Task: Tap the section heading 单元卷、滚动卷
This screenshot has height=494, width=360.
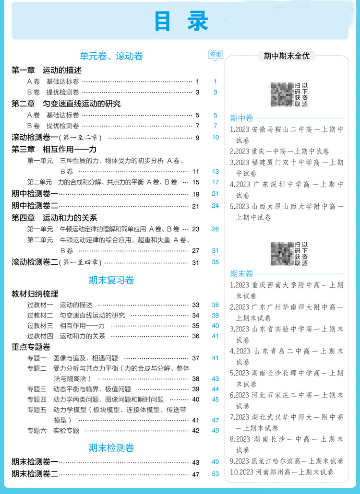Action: [111, 56]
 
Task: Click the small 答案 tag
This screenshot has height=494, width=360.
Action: [216, 55]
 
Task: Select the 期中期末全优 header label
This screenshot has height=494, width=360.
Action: [287, 56]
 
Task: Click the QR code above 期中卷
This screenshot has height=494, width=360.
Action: [282, 94]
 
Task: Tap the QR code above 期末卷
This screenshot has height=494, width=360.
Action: [282, 253]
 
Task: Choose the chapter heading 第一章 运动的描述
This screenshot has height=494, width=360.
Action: [47, 70]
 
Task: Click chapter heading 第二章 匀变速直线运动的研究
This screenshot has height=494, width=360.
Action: [66, 104]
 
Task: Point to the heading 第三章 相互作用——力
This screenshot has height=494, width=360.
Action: [54, 149]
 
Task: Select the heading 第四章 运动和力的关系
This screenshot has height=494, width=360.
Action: [54, 217]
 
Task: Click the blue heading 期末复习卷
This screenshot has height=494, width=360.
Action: [111, 280]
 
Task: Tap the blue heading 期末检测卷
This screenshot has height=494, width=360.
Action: [111, 448]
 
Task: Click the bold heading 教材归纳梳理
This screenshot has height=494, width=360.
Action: [35, 294]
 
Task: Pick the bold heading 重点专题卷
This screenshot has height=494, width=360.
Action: [31, 347]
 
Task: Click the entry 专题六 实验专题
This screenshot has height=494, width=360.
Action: [53, 430]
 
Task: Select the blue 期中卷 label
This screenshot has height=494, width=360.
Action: [241, 118]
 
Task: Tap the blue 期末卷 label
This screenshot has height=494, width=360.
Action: [241, 274]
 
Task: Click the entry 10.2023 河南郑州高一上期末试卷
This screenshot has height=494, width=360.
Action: [282, 472]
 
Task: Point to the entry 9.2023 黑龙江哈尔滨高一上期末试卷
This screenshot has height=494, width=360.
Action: [287, 461]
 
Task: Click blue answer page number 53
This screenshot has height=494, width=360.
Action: [215, 474]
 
